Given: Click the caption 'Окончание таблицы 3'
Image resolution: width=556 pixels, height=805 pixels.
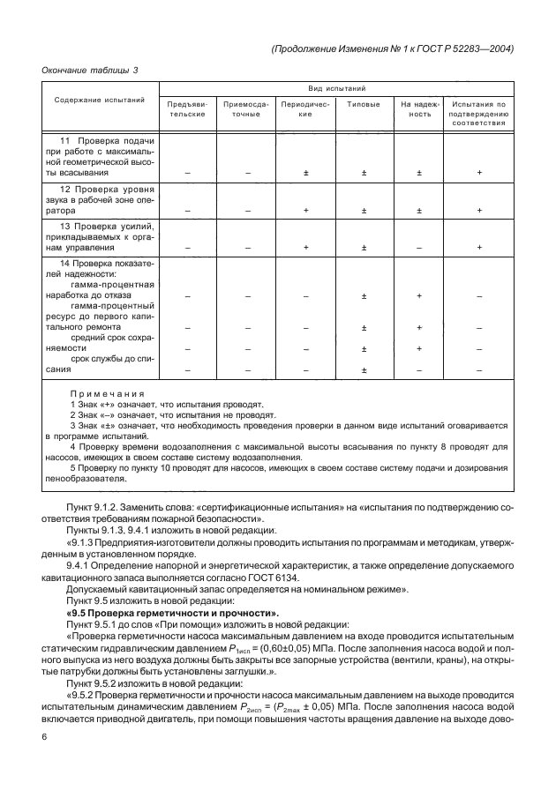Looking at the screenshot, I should tap(91, 70).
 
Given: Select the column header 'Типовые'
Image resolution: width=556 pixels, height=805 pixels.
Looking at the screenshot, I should tap(364, 104).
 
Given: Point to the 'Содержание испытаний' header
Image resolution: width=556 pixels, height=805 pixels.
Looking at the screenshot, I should tap(99, 101).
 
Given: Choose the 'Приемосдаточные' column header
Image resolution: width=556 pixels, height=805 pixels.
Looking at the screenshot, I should tap(247, 109).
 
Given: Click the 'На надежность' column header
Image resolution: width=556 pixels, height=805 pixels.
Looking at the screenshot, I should tap(420, 109).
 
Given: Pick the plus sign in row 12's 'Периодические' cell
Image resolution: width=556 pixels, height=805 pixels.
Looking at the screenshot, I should tap(305, 211).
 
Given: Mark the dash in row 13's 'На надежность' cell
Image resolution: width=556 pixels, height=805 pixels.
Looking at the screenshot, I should tap(420, 248).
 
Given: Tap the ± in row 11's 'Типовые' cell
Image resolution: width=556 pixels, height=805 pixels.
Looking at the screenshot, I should tap(364, 173).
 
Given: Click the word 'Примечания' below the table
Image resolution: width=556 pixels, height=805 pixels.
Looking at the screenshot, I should tap(107, 393).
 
